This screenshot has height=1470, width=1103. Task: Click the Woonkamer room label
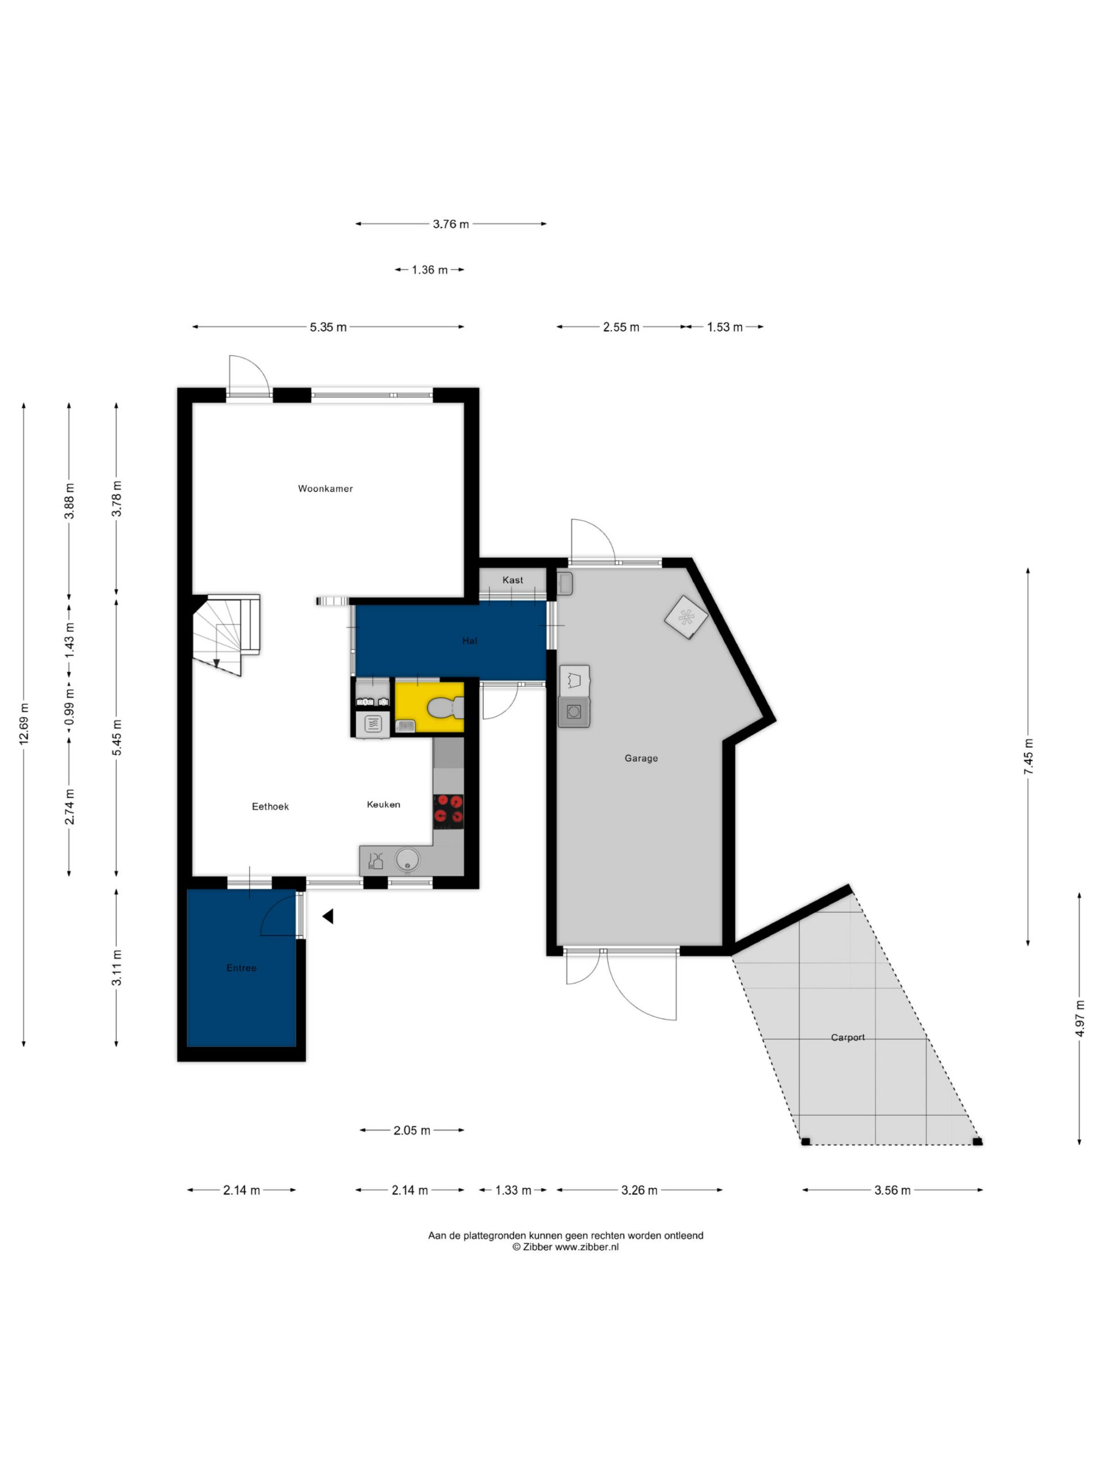(x=325, y=489)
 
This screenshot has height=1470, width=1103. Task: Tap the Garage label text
(x=641, y=759)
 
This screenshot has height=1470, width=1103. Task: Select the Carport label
(x=848, y=1038)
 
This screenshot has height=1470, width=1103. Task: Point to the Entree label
(x=241, y=968)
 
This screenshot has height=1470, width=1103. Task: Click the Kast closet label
(x=512, y=580)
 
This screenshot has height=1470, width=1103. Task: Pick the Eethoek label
(x=271, y=807)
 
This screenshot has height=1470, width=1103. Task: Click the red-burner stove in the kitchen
(x=448, y=811)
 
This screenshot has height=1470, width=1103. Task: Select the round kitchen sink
(x=407, y=860)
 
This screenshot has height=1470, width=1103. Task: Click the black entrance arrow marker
(x=328, y=916)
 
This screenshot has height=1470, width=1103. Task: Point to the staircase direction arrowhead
(x=216, y=663)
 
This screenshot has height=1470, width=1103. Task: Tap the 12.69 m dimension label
(x=24, y=724)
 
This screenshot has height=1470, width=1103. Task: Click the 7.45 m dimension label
(x=1028, y=756)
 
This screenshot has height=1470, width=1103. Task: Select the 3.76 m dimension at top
(x=451, y=224)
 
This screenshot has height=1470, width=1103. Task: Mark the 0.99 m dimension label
(x=69, y=709)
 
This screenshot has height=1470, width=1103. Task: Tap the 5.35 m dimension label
(x=328, y=327)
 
